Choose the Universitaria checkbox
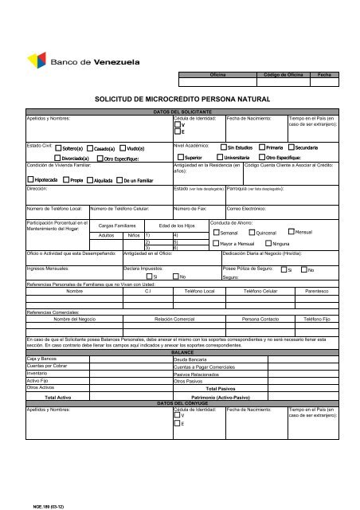pyautogui.click(x=224, y=159)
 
